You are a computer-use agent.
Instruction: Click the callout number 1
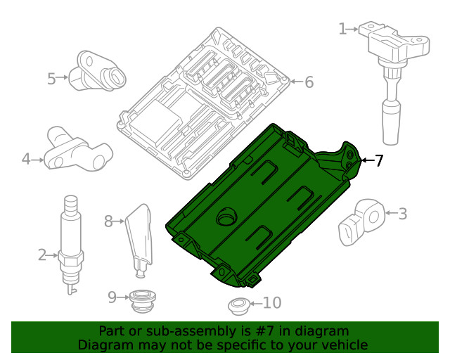coord(342,29)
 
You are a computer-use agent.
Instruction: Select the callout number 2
coord(42,255)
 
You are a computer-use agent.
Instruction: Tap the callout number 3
coord(403,213)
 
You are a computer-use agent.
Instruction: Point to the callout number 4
coord(26,160)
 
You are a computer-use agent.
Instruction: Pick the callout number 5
coord(51,78)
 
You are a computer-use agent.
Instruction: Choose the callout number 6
coord(308,82)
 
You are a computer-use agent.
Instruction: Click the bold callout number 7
coord(379,161)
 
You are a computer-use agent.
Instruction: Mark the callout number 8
coord(108,221)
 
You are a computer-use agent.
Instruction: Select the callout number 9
coord(112,297)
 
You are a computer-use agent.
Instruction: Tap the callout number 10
coord(271,303)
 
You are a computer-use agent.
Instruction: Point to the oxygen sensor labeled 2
coord(70,239)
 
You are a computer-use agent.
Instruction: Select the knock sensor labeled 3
coord(362,220)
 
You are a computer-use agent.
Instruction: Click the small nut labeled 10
coord(238,306)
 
